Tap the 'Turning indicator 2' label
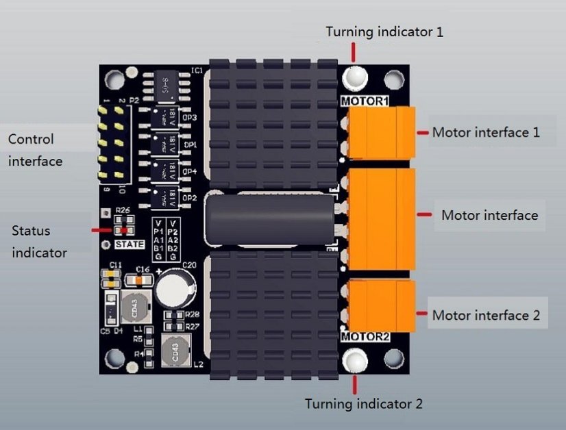tap(363, 403)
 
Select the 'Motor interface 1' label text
tap(485, 132)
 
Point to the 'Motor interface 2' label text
tap(486, 316)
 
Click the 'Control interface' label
tap(35, 150)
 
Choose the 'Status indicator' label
tap(39, 242)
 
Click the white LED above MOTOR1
tap(355, 77)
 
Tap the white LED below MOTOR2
tap(355, 359)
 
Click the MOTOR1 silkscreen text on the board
tap(365, 101)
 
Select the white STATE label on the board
tap(130, 244)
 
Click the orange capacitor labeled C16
tap(143, 279)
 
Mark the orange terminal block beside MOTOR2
tap(381, 305)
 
